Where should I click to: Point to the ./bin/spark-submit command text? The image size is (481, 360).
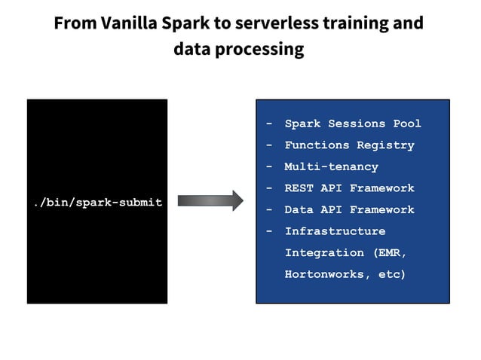coord(98,203)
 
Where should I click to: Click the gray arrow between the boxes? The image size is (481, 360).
coord(210,200)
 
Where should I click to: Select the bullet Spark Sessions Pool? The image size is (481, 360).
coord(352,124)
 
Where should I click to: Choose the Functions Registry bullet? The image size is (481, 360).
coord(348,145)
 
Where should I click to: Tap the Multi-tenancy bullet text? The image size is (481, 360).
coord(331,166)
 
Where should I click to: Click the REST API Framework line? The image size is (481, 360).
coord(348,188)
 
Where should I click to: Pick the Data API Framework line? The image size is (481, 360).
coord(348,209)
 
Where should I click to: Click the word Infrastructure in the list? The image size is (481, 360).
coord(334,231)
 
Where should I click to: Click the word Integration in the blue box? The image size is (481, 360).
coord(323,253)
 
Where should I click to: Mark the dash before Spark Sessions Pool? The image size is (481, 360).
coord(269,124)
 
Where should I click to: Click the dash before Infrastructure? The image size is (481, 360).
coord(269,231)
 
